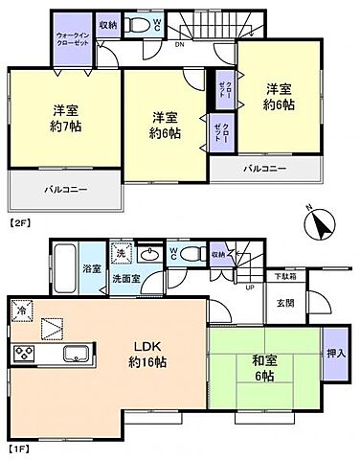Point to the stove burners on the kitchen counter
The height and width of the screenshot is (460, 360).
coord(21,356)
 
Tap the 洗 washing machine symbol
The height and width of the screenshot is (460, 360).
coord(122,254)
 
